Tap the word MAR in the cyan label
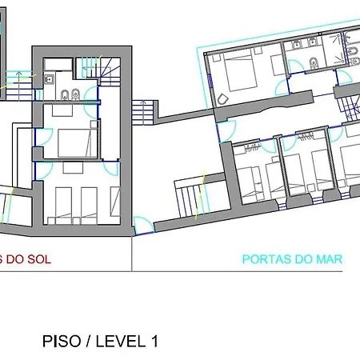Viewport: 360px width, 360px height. pos(329,258)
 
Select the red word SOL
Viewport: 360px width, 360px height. pos(35,258)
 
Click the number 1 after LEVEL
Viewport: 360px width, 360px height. pos(153,341)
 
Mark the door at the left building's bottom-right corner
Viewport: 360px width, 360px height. pos(142,226)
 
